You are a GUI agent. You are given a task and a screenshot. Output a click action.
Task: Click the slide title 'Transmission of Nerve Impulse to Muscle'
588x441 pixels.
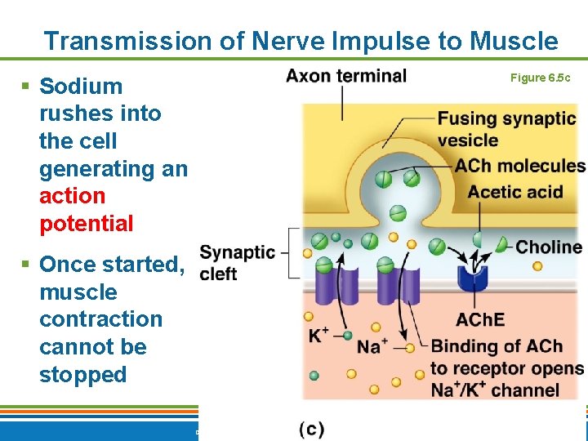click(x=301, y=41)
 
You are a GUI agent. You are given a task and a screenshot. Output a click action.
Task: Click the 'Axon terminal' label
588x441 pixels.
click(x=346, y=76)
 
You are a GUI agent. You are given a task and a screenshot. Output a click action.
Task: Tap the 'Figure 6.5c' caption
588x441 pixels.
click(x=540, y=78)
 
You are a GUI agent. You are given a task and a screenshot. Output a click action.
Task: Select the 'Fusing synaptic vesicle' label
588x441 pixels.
click(x=506, y=128)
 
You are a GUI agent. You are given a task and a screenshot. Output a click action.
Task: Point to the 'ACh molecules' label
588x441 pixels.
click(x=520, y=166)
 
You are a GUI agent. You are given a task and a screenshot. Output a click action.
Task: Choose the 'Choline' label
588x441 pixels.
click(x=549, y=247)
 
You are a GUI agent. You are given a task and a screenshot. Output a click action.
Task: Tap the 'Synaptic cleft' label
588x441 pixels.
click(x=237, y=262)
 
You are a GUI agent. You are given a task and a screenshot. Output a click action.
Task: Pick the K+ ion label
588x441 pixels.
click(x=318, y=335)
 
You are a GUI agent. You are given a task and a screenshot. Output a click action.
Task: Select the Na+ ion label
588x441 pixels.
click(x=372, y=346)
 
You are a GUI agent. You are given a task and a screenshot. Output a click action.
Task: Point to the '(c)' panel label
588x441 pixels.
click(x=311, y=429)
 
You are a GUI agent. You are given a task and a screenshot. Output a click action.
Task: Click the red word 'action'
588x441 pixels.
click(x=73, y=196)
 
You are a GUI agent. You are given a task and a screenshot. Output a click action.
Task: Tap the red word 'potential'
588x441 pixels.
click(x=86, y=223)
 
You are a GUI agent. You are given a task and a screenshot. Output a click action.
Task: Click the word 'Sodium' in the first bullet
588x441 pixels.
click(x=81, y=87)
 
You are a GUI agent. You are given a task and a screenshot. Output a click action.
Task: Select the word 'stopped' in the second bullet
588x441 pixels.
click(x=82, y=375)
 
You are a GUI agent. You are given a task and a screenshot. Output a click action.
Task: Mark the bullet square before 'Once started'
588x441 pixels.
click(x=26, y=265)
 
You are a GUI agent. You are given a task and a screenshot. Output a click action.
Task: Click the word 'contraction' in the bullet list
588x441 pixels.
click(x=100, y=319)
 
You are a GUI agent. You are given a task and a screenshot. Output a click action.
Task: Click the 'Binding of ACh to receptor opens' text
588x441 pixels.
click(x=506, y=356)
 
